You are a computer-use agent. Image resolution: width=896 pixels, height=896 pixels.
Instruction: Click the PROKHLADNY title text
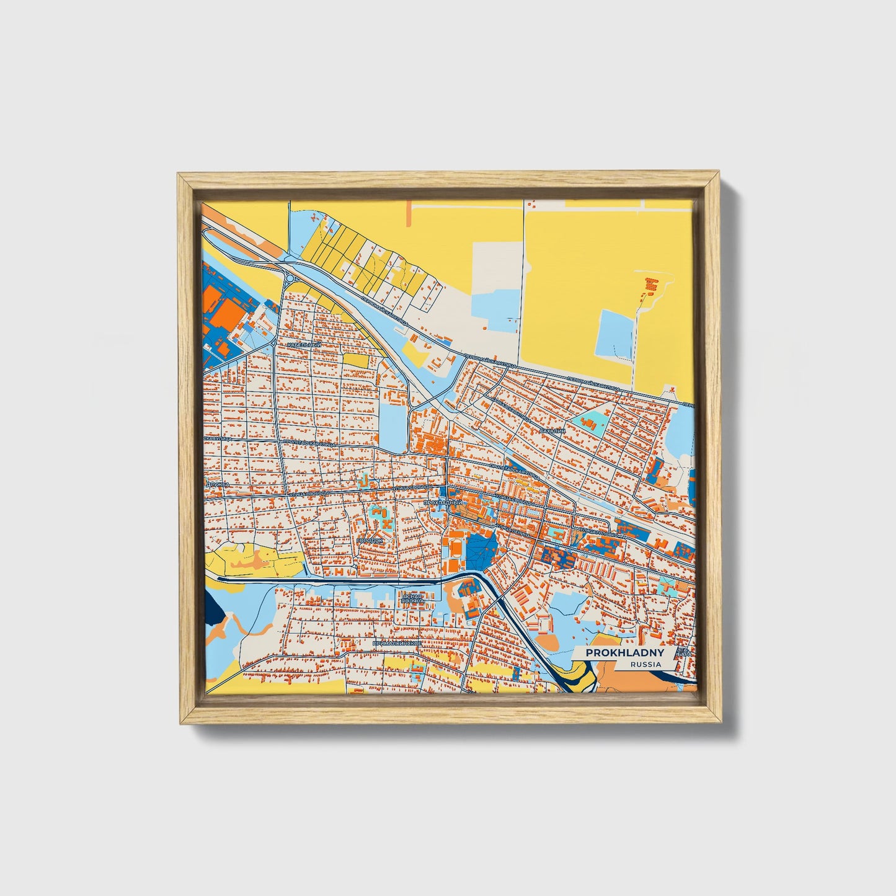point(625,653)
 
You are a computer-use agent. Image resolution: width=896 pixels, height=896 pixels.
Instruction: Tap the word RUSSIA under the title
point(645,664)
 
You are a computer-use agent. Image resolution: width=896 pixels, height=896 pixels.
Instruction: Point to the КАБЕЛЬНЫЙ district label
point(304,344)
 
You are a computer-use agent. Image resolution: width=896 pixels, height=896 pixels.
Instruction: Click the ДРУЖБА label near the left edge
point(218,483)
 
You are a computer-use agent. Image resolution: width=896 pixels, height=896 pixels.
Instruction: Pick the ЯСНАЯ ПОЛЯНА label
point(412,598)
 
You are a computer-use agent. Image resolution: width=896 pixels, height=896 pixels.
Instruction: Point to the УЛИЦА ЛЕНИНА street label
point(513,528)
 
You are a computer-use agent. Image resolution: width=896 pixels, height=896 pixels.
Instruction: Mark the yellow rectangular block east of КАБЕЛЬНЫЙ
point(355,360)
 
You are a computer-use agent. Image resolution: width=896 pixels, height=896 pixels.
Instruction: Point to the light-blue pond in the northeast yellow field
point(614,334)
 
